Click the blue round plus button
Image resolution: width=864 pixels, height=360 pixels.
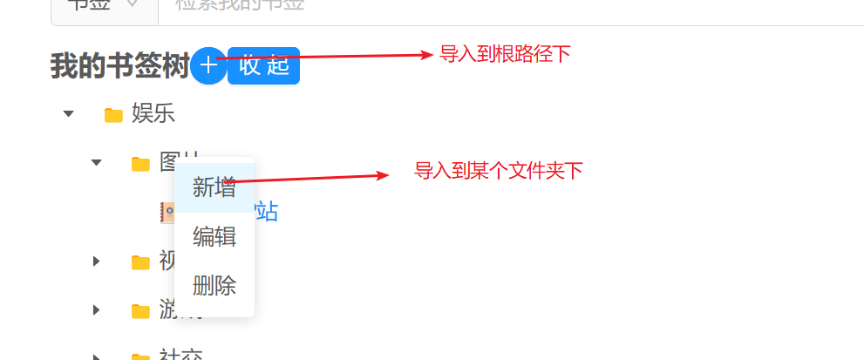pos(208,66)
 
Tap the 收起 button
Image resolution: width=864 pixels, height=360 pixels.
pos(263,66)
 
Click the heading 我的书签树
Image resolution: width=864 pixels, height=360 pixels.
pos(119,66)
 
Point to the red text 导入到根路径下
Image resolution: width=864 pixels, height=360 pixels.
pos(505,55)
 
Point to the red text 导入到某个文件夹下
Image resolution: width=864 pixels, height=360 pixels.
pos(498,171)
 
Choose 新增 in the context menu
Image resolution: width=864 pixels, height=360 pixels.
pos(214,187)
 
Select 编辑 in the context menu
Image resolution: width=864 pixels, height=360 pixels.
pos(214,236)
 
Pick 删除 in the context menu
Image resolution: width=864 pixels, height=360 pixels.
pos(214,285)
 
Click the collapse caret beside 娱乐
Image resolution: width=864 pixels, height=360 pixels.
pos(69,114)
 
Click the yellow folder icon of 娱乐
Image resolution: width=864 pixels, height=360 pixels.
pos(113,115)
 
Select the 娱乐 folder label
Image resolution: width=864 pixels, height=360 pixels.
pos(153,113)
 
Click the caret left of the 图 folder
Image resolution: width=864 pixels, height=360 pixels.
pos(97,163)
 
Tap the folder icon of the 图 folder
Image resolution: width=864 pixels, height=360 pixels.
pos(140,164)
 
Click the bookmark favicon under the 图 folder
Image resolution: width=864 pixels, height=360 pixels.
pos(167,212)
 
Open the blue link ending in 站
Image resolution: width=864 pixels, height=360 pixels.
pos(266,212)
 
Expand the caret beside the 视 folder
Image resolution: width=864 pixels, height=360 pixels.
pos(97,262)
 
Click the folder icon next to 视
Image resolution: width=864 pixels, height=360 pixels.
pos(140,262)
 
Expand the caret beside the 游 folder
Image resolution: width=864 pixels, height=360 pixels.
pos(97,310)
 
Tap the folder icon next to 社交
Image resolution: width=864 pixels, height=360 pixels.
pos(140,356)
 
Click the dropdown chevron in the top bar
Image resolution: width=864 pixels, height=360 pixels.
pos(133,4)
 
